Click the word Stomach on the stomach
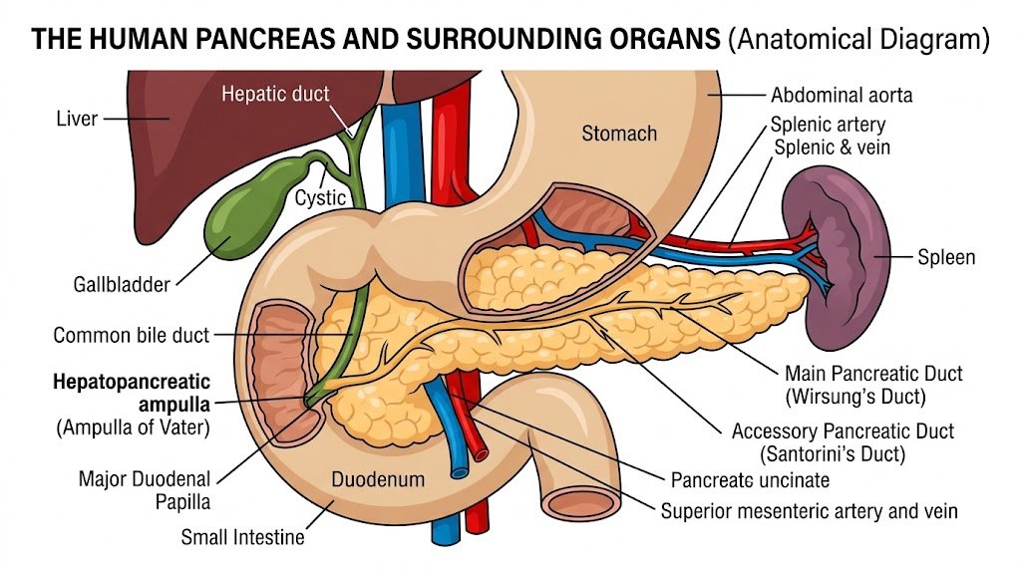(x=619, y=134)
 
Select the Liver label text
(x=77, y=119)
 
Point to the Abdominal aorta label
(x=842, y=95)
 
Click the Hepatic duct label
(x=275, y=94)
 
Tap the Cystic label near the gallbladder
(x=320, y=198)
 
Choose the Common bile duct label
(x=131, y=335)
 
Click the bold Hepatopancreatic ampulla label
(x=132, y=393)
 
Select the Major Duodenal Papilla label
(x=145, y=490)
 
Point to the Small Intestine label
(x=242, y=537)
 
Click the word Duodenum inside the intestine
(x=378, y=479)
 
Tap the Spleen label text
(x=946, y=257)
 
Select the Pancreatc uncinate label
(x=750, y=480)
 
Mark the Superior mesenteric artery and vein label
(x=809, y=511)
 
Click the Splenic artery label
(x=828, y=125)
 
